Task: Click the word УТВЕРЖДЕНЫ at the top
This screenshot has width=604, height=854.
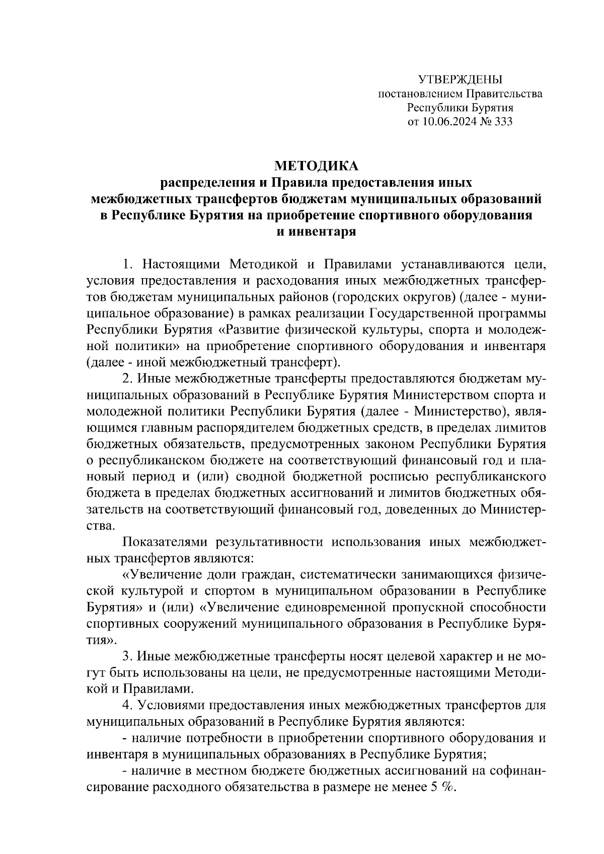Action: (460, 79)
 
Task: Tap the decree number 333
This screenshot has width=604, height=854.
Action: (503, 121)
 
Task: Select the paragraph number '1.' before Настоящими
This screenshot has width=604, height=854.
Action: (128, 264)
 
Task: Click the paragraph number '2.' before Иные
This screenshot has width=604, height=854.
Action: (128, 378)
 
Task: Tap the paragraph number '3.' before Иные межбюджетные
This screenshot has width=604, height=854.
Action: (128, 657)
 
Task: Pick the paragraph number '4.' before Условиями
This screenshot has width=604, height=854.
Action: (128, 706)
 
